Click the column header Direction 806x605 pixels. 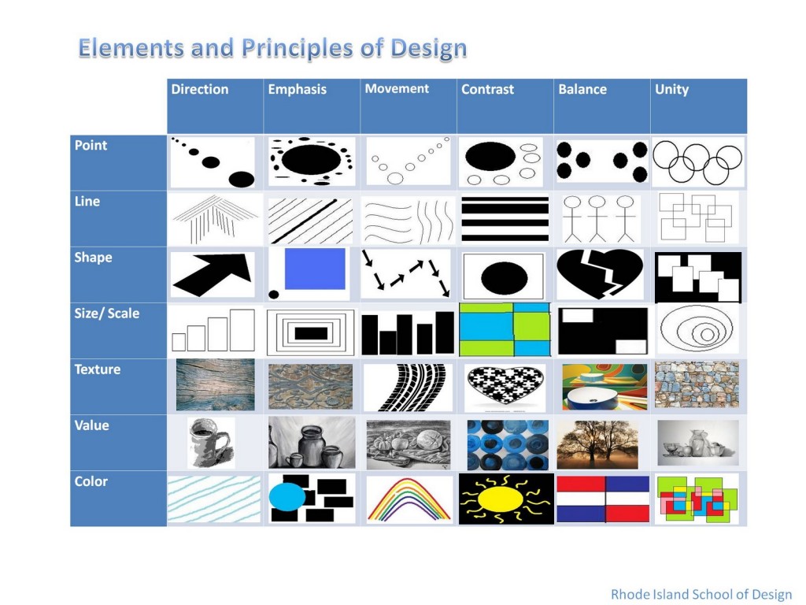(x=200, y=90)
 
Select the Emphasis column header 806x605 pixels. (x=297, y=90)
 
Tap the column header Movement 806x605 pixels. (x=397, y=89)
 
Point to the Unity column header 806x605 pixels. (x=671, y=90)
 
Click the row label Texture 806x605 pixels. (x=97, y=369)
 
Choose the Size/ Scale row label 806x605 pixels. (x=106, y=314)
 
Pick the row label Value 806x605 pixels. (x=91, y=425)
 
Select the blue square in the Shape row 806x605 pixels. (x=315, y=269)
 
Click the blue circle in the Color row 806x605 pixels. (x=287, y=498)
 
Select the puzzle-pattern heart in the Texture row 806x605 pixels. (x=505, y=385)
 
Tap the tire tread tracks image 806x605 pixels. (x=408, y=387)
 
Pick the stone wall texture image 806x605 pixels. (x=697, y=385)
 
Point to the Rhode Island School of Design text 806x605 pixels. (x=701, y=594)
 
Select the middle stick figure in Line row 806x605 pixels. (x=598, y=217)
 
